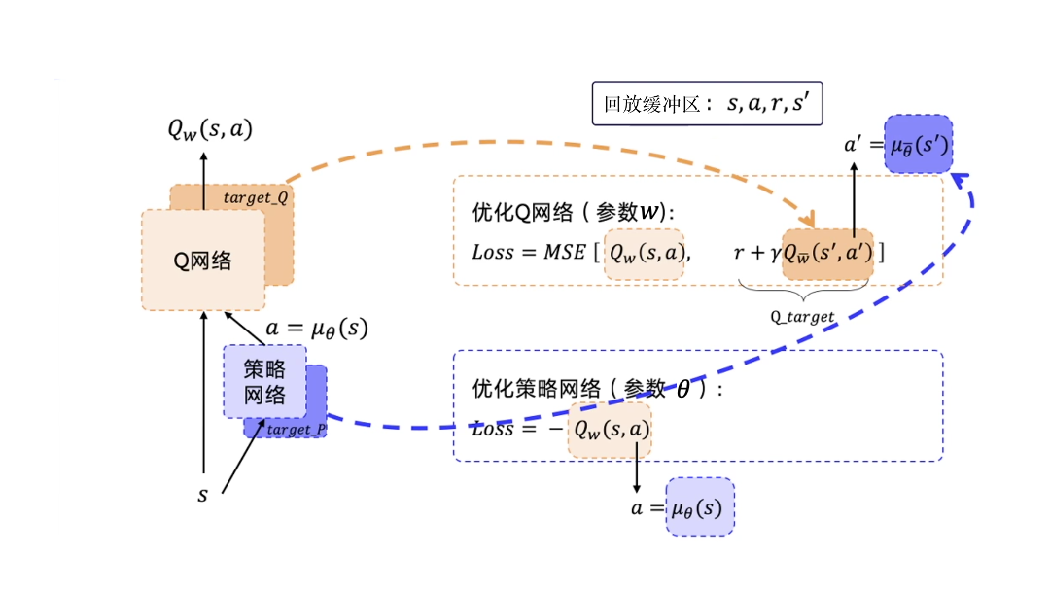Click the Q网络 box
coord(203,260)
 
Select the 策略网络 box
coord(264,381)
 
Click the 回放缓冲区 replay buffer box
coord(707,104)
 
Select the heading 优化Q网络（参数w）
coord(573,213)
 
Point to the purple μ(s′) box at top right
coord(918,146)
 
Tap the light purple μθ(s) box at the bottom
coord(700,506)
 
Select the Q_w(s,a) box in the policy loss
coord(610,429)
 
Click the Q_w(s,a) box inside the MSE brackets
coord(644,254)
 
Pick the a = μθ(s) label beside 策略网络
coord(317,329)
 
